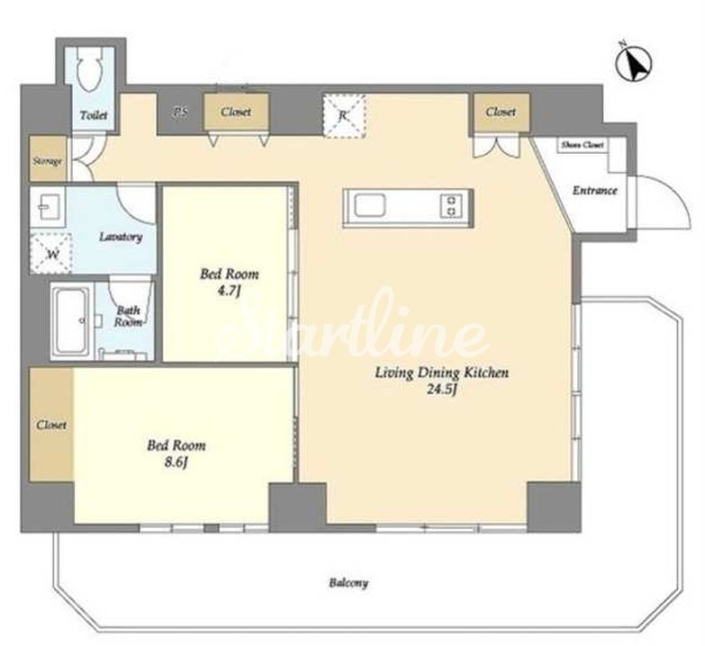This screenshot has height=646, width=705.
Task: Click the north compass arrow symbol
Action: [634, 63]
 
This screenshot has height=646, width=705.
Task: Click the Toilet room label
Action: [94, 115]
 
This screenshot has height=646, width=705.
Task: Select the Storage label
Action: [47, 161]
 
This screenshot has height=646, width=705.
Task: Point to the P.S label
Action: [180, 112]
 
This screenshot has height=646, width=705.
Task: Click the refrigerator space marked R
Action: [344, 115]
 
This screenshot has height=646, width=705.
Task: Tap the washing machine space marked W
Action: [51, 254]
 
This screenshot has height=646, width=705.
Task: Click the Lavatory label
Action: [121, 237]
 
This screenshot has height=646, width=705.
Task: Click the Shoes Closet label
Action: [583, 145]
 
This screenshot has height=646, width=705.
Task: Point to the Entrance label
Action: [594, 191]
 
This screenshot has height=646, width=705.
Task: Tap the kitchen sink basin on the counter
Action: [369, 207]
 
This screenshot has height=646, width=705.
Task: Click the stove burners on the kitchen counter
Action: [452, 206]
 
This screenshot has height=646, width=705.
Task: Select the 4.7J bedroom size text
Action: [229, 292]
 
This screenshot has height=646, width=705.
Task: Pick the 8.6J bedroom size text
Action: [176, 462]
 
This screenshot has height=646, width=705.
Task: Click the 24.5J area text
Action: [442, 390]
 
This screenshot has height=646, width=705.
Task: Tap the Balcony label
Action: [348, 583]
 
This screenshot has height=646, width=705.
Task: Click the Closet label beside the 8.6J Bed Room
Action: [51, 425]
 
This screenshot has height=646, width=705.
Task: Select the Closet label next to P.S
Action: [236, 112]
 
